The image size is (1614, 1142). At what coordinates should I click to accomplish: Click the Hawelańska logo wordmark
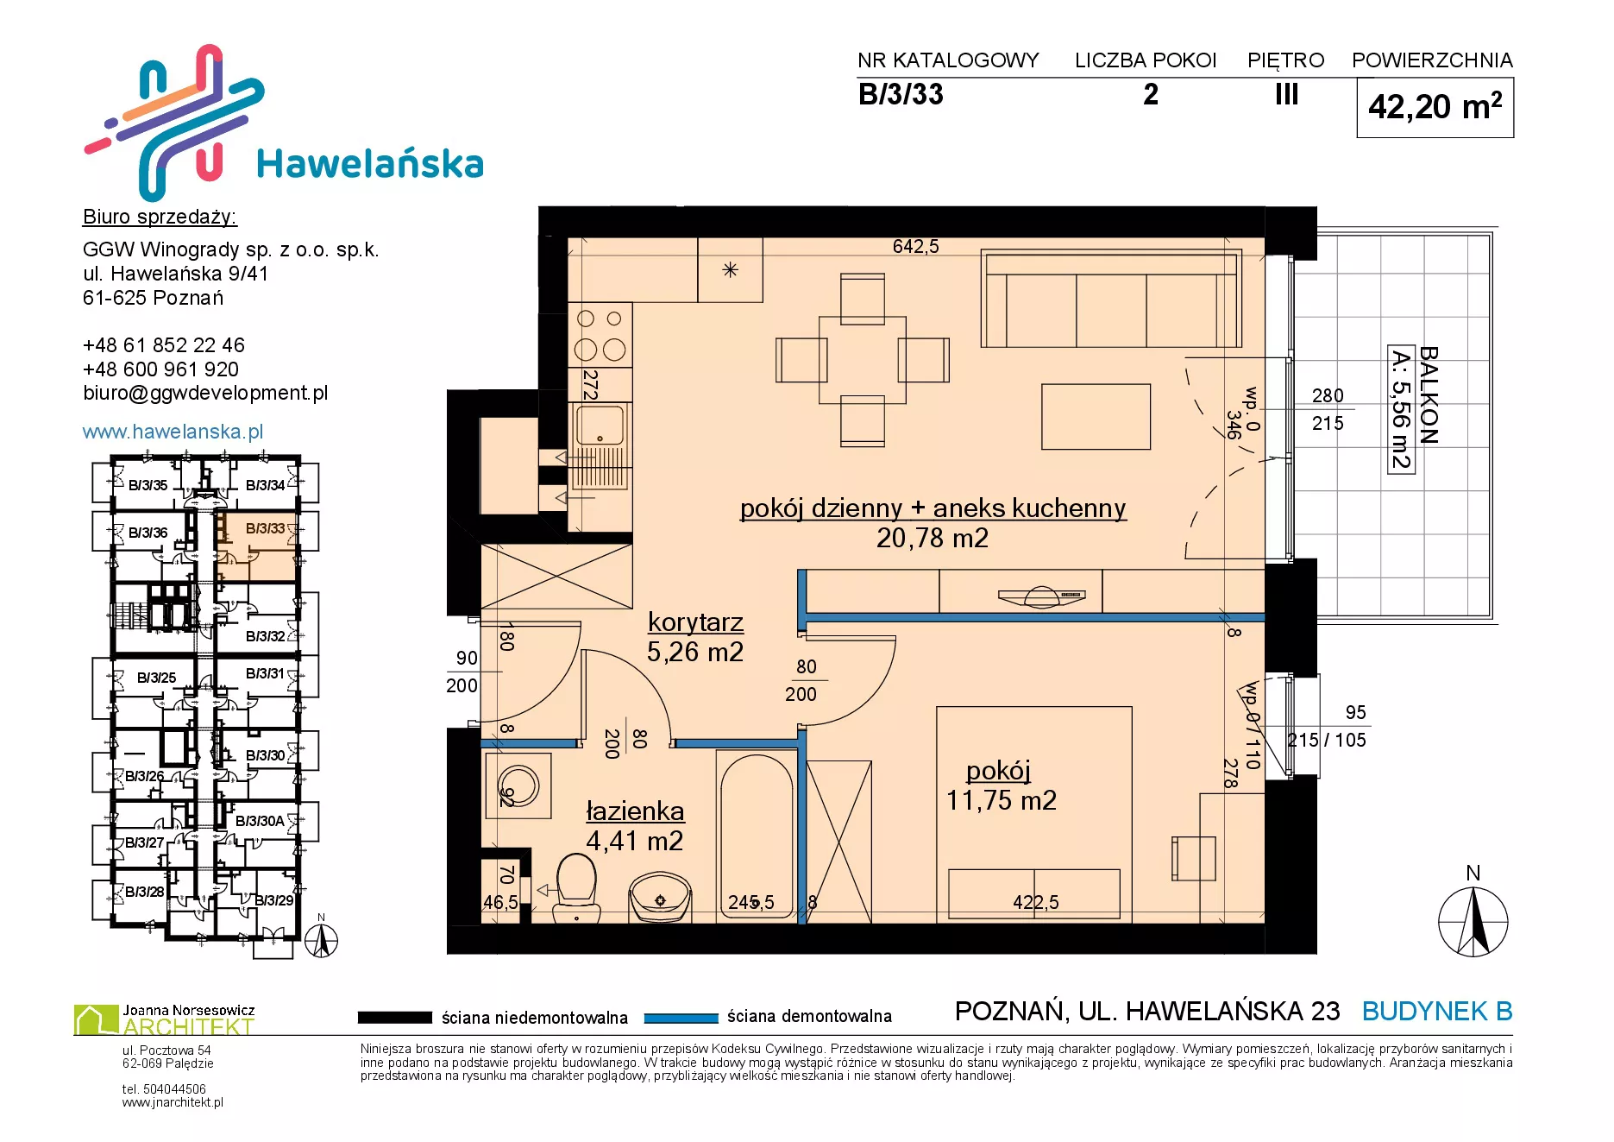coord(370,163)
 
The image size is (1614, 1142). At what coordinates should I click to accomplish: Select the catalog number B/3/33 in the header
coord(901,94)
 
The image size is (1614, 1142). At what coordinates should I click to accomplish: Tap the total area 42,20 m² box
coord(1435,107)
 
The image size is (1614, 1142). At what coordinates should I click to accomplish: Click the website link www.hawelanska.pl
coord(173,432)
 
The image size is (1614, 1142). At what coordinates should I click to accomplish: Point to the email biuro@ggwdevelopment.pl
coord(205,393)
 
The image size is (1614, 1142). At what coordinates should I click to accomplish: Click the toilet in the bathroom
coord(576,886)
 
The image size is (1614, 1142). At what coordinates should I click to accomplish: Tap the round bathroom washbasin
coord(660,898)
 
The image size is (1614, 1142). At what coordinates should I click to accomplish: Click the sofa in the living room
coord(1112,299)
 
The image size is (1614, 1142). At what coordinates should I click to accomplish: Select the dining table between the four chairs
coord(863,359)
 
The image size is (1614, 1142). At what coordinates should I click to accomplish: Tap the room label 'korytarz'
coord(695,622)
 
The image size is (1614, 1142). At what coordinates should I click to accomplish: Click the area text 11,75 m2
coord(1002,800)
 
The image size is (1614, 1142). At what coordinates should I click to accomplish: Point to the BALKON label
coord(1429,395)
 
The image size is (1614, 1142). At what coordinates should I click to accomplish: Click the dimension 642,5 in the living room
coord(915,247)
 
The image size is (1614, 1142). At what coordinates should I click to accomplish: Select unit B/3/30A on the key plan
coord(260,821)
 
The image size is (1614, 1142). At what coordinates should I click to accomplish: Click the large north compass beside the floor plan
coord(1473,922)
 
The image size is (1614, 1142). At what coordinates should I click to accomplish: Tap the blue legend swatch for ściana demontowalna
coord(681,1018)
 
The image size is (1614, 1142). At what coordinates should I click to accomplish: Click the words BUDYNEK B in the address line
coord(1437,1011)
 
